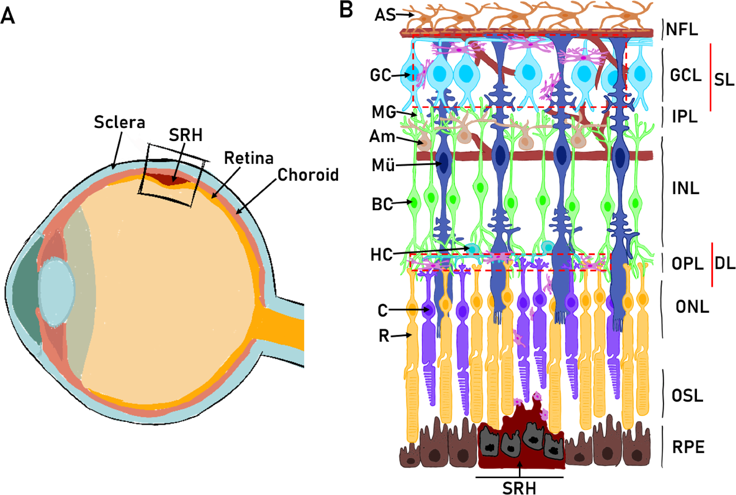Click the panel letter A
tap(8, 16)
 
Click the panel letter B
tap(346, 10)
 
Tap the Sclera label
tap(119, 123)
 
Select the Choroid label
tap(308, 175)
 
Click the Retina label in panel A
tap(249, 158)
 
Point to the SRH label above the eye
tap(186, 135)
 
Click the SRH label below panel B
tap(519, 488)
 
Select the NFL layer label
tap(682, 30)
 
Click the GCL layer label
tap(685, 75)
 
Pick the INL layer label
tap(685, 188)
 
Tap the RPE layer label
tap(688, 447)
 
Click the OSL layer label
tap(687, 396)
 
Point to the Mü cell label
tap(383, 166)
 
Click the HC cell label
tap(381, 255)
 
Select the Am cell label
tap(382, 136)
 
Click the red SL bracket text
tap(724, 80)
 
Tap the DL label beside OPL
tap(725, 264)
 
